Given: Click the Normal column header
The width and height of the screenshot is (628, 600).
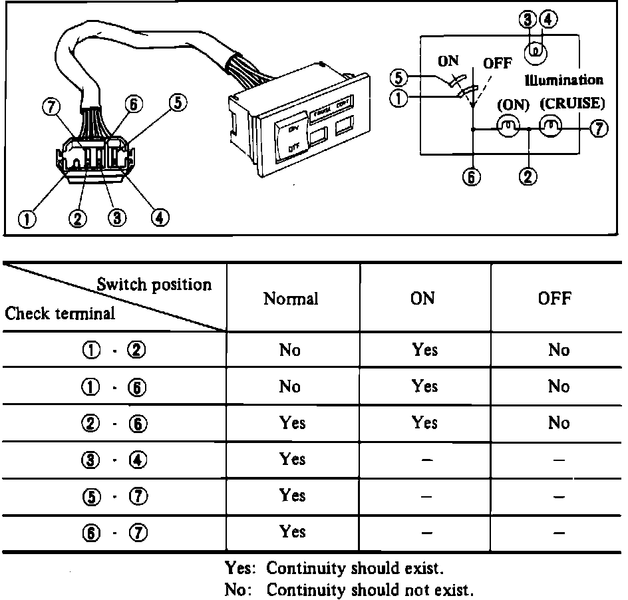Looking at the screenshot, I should tap(291, 299).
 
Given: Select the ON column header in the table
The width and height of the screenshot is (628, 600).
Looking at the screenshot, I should tap(423, 299).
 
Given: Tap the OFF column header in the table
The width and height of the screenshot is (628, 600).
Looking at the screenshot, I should tap(555, 299).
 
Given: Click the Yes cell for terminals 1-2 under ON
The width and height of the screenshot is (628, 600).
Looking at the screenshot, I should tap(424, 350).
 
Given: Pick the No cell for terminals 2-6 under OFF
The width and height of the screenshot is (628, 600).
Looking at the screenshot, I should tap(558, 423).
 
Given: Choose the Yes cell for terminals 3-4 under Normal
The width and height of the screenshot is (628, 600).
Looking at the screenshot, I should tap(293, 459).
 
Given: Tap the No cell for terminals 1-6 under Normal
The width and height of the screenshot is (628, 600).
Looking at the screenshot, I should tap(290, 386).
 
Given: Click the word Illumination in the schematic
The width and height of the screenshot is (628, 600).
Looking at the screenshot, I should tap(563, 80).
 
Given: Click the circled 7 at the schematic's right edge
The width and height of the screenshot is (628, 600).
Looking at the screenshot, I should tap(600, 129).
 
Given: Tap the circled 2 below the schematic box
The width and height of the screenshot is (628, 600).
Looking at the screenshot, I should tap(529, 178).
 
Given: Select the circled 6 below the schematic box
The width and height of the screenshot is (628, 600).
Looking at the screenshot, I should tap(471, 178).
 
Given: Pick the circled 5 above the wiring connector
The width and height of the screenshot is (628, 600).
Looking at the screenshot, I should tap(178, 103).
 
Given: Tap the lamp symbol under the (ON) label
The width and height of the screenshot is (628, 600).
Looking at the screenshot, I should tap(508, 126).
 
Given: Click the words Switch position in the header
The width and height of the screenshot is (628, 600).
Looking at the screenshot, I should tap(154, 285).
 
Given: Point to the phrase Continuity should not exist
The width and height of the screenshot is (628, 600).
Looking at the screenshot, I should tap(370, 589).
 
